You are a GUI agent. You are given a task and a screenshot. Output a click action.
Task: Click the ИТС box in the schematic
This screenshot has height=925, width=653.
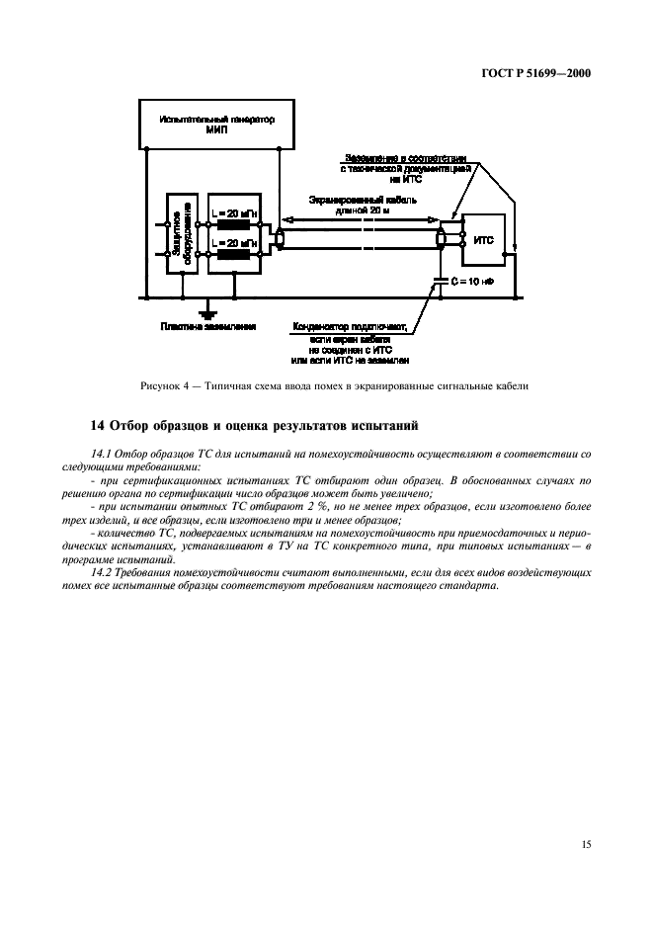click(x=484, y=240)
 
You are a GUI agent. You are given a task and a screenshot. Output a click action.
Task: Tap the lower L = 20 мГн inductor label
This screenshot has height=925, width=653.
click(x=235, y=241)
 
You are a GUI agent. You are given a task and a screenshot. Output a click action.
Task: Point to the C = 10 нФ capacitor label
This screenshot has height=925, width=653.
click(x=470, y=283)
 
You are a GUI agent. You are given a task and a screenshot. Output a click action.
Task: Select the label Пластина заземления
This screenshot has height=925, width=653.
click(x=209, y=326)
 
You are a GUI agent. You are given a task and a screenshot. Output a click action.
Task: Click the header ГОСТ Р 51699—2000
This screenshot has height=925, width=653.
click(x=536, y=72)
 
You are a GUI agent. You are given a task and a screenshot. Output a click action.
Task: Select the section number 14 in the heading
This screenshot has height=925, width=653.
click(x=96, y=426)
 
